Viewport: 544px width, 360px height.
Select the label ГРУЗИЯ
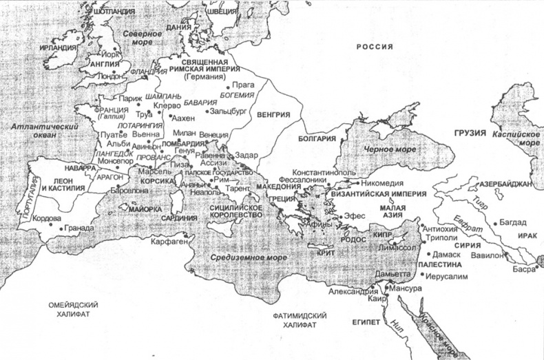pos(470,131)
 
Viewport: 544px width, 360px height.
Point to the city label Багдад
pos(512,222)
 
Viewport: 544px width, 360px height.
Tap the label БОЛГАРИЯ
pos(317,139)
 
